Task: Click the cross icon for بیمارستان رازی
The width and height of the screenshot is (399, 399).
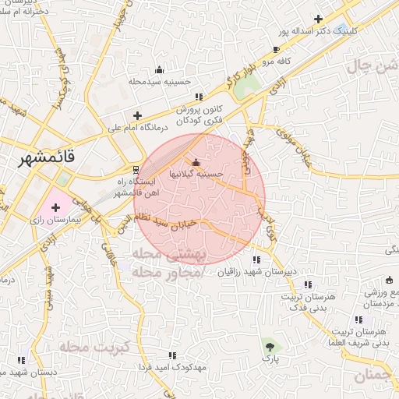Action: point(56,207)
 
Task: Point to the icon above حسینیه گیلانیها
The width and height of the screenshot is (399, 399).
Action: point(196,162)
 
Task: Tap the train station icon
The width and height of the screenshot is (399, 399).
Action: point(137,169)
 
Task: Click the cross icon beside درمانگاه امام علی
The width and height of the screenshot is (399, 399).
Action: point(138,115)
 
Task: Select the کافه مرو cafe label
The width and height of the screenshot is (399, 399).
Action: point(276,61)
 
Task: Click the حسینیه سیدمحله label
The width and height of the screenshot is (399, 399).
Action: point(159,81)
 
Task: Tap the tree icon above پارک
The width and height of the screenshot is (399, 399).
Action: point(269,344)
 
